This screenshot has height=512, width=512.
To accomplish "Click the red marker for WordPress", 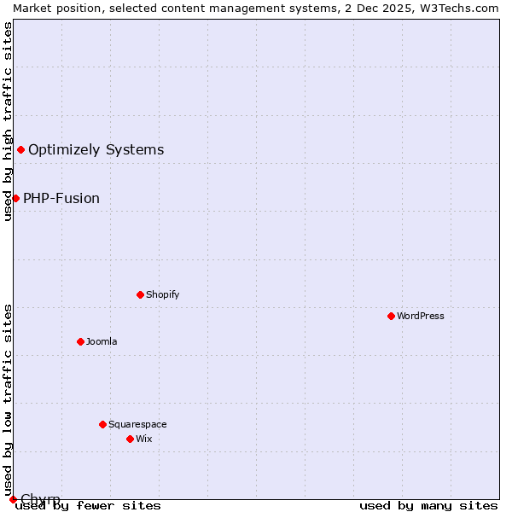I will click(x=391, y=316).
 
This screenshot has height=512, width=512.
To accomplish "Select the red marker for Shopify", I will click(x=140, y=294).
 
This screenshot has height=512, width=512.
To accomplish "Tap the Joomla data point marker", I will click(x=80, y=341).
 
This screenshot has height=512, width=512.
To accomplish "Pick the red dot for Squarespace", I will click(x=102, y=424).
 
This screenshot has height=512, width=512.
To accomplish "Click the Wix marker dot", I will click(x=130, y=439).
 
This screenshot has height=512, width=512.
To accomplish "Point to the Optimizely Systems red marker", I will click(x=20, y=150).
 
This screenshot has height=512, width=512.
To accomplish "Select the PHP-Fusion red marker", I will click(x=15, y=198).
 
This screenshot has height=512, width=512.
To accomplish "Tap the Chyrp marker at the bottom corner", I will click(x=13, y=499).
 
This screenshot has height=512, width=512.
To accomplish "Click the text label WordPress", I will click(x=421, y=316).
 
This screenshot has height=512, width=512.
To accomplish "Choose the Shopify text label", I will click(x=162, y=294).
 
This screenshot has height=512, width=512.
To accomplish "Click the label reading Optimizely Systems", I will click(x=96, y=150).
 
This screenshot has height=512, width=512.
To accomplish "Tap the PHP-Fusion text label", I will click(x=61, y=198).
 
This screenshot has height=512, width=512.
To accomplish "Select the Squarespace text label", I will click(x=137, y=424).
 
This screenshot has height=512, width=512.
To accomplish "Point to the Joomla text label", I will click(x=102, y=341).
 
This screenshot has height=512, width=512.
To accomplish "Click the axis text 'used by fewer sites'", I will click(x=88, y=505).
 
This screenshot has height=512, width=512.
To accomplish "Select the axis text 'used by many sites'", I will click(x=428, y=505).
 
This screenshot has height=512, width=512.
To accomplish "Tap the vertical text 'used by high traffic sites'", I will click(x=8, y=121).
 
